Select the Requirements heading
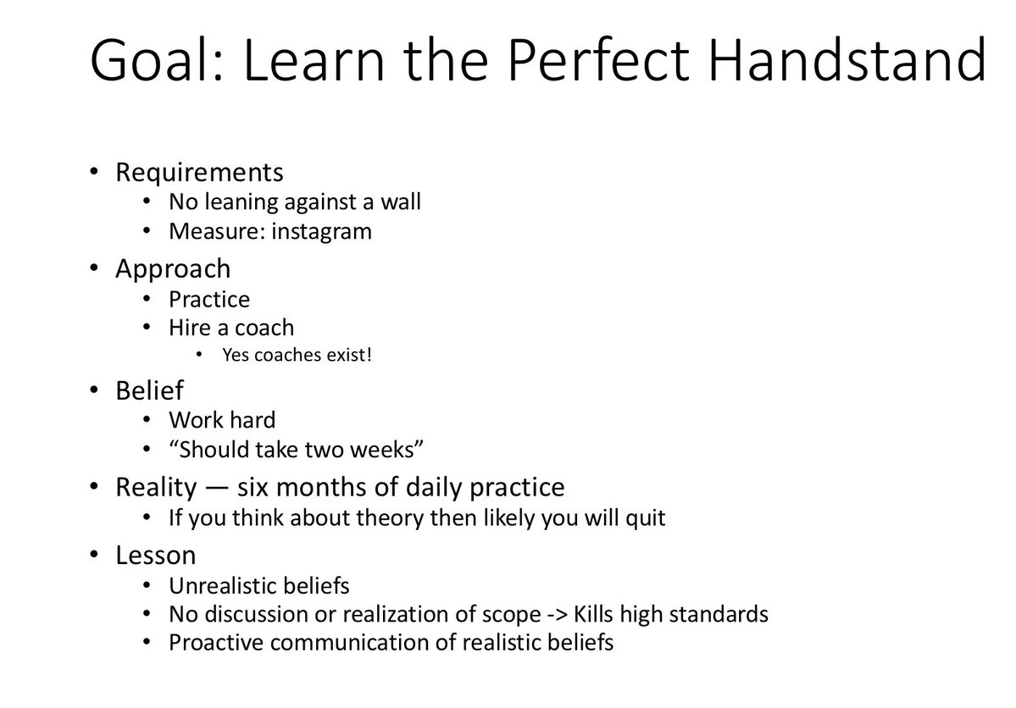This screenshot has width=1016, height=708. (x=200, y=173)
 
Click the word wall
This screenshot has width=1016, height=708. (x=401, y=202)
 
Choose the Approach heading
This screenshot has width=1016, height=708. (x=173, y=268)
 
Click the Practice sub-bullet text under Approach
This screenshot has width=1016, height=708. (x=209, y=299)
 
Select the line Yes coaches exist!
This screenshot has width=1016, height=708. (x=297, y=355)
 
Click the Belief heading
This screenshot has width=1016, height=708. (x=149, y=390)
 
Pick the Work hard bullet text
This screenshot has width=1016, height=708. (x=222, y=420)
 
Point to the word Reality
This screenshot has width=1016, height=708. (x=156, y=487)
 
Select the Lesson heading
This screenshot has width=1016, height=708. (x=156, y=556)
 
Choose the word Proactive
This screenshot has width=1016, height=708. (x=216, y=643)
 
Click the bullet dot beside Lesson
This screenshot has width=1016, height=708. (x=95, y=555)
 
